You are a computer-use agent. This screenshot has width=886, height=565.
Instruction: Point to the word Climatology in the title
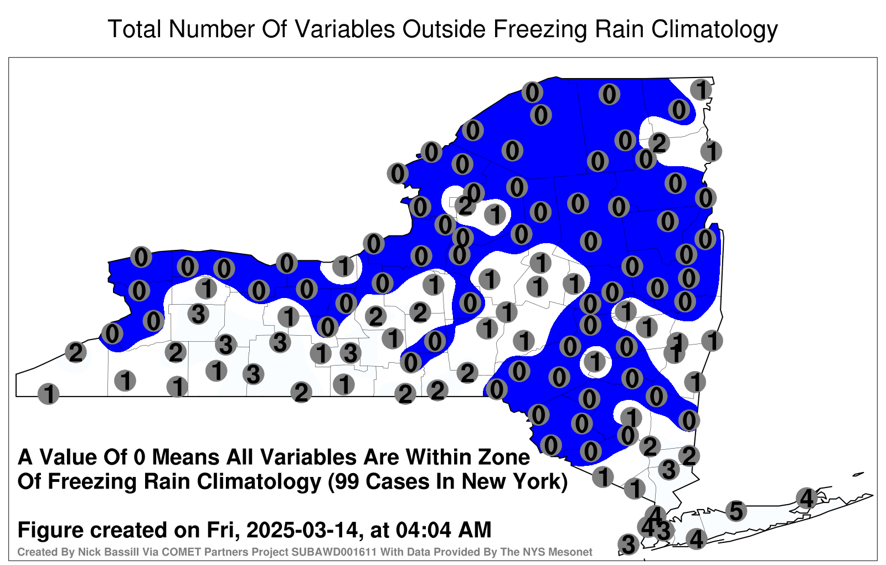[714, 30]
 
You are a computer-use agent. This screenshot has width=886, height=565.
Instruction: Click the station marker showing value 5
[736, 511]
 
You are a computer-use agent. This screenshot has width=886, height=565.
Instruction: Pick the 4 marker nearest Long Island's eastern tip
[806, 498]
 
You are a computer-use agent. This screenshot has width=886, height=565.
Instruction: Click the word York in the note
[537, 482]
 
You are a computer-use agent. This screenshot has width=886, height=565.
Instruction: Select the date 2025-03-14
[301, 530]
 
